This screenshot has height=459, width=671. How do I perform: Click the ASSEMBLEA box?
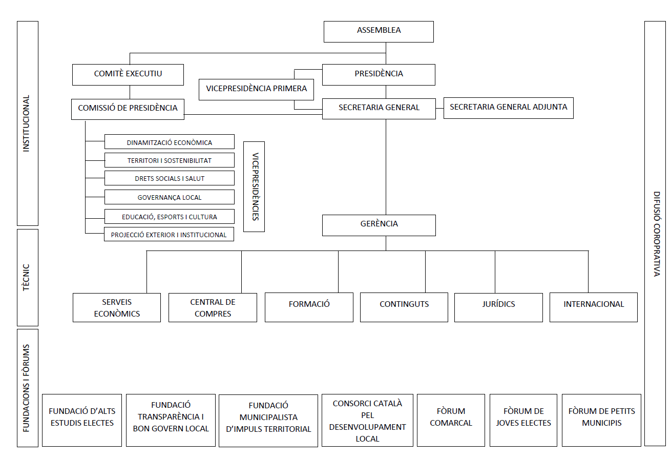[x=379, y=31]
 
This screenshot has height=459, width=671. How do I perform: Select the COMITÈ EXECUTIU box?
[x=128, y=74]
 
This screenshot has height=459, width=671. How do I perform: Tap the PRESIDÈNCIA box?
[x=379, y=74]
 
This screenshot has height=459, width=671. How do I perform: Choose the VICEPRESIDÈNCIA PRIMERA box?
[x=256, y=89]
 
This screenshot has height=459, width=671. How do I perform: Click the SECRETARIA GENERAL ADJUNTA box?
[x=508, y=108]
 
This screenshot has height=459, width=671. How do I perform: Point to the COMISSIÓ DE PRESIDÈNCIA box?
[x=128, y=109]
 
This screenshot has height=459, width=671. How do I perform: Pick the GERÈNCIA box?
[x=379, y=225]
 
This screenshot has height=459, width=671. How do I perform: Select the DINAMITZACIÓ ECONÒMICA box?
[x=169, y=142]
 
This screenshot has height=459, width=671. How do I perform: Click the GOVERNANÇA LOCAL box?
[x=169, y=197]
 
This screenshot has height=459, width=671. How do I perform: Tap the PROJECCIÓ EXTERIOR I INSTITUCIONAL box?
[x=169, y=235]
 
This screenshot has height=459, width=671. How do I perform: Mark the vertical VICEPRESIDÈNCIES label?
[x=254, y=186]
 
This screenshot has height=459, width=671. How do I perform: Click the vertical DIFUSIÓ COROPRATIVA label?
[x=655, y=234]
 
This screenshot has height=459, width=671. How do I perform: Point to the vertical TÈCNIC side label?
[x=28, y=277]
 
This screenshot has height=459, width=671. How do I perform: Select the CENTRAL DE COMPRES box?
[x=213, y=307]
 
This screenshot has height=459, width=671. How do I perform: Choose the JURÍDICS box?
[x=498, y=307]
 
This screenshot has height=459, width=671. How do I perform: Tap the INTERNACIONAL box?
[x=593, y=307]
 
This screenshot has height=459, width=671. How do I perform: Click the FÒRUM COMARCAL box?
[x=451, y=420]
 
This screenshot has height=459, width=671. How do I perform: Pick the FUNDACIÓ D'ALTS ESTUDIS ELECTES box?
[x=82, y=420]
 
